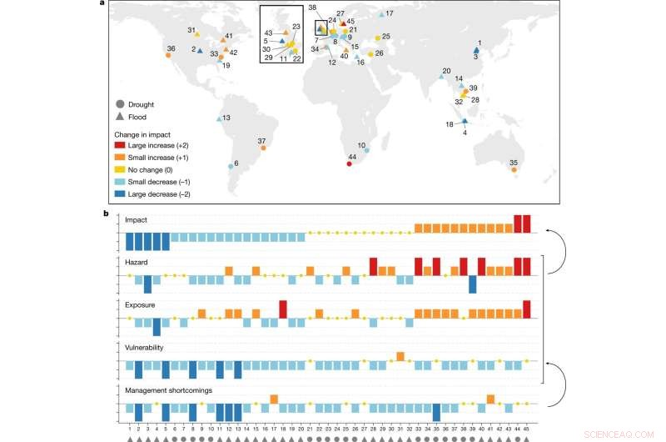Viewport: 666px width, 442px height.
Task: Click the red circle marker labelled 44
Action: click(349, 163)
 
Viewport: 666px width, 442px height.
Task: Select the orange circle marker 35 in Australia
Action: click(514, 169)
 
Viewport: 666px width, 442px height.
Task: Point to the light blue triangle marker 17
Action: click(405, 15)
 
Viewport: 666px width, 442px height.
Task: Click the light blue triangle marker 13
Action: click(220, 119)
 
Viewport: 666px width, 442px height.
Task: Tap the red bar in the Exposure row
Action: click(283, 309)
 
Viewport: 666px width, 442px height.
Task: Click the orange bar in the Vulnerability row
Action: click(400, 356)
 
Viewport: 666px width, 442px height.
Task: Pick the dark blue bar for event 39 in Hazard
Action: click(473, 284)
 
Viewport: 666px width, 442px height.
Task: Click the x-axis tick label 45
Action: click(527, 428)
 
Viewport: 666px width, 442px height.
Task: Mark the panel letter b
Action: click(104, 213)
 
